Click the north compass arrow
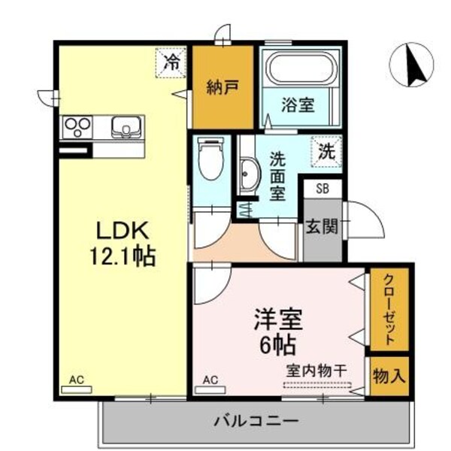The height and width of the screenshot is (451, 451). tap(413, 65)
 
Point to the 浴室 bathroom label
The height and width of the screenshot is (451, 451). tap(298, 106)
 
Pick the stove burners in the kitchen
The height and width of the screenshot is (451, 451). tap(77, 126)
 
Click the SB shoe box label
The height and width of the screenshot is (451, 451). tap(322, 189)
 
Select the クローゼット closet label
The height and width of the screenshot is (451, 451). tap(389, 308)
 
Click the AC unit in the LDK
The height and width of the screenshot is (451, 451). tap(77, 385)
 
